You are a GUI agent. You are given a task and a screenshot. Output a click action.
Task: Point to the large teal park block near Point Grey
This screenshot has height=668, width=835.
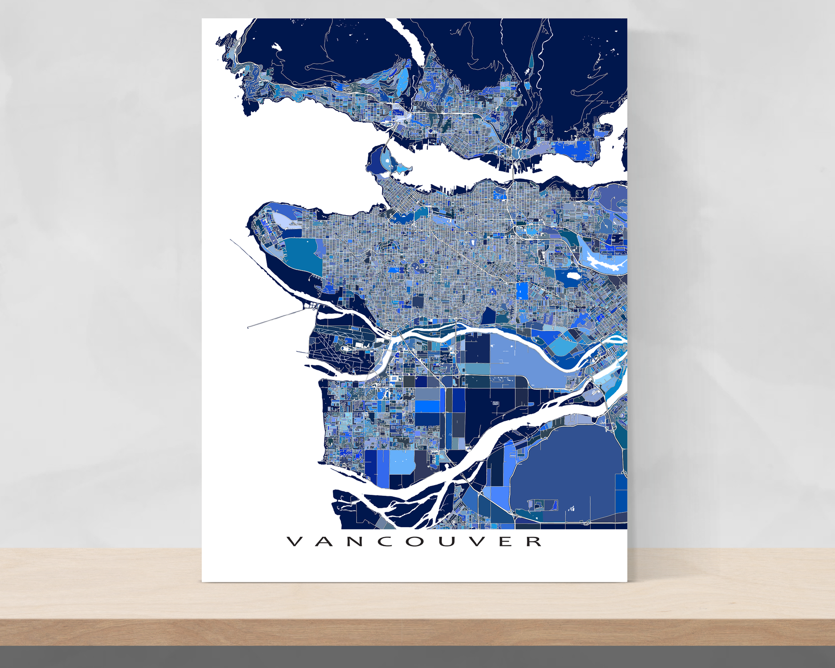click(x=303, y=255)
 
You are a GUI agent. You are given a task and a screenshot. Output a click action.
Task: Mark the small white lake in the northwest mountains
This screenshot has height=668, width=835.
click(x=276, y=47)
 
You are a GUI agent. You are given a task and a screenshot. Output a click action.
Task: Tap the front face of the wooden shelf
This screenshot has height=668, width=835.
click(x=417, y=632)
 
